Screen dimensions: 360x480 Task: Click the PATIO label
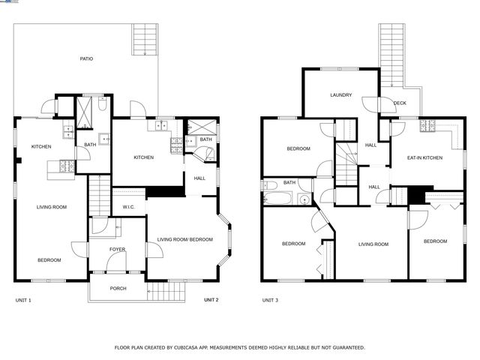click(x=87, y=58)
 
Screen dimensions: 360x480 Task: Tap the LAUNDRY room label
click(x=340, y=95)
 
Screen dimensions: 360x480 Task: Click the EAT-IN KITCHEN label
click(x=424, y=157)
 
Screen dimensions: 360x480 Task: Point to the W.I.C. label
click(x=128, y=206)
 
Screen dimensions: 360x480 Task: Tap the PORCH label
click(x=118, y=288)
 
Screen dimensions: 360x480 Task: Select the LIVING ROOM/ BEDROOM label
click(x=184, y=240)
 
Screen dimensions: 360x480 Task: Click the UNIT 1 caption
click(x=23, y=300)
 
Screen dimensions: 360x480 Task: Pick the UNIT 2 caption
click(x=211, y=300)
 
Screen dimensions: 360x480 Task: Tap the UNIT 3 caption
click(x=270, y=300)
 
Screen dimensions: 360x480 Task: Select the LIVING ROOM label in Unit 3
click(x=373, y=244)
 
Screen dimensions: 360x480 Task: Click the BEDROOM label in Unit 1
click(x=49, y=259)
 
